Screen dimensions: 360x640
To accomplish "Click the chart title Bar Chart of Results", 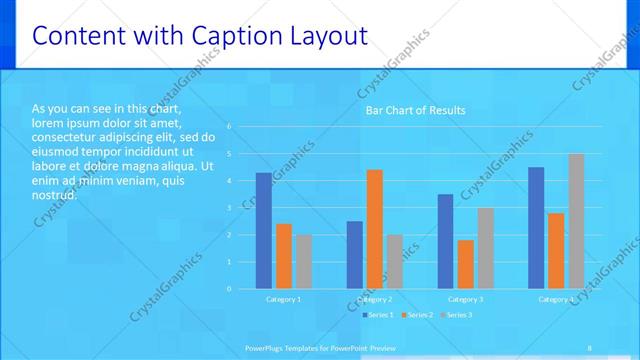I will (415, 110).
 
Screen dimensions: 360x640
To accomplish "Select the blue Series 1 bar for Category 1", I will (263, 230).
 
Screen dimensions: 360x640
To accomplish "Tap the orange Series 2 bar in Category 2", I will (374, 229).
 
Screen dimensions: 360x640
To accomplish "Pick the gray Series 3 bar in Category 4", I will (576, 221).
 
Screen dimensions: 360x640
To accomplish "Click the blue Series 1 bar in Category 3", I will (445, 241).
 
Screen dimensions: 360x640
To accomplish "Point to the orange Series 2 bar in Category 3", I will (465, 264).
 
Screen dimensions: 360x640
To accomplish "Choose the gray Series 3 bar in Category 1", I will (303, 261).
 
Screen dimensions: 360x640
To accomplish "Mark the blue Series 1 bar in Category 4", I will (536, 227).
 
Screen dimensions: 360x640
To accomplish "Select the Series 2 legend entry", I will (418, 315).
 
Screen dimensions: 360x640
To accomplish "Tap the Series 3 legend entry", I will (457, 315).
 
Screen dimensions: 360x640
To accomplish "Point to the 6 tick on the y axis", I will (229, 127).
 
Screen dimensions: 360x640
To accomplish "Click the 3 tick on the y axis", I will (229, 208).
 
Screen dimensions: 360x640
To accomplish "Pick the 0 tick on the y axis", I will (229, 289).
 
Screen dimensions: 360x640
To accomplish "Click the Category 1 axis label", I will (283, 299).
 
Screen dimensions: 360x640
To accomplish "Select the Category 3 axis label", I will (465, 299).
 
